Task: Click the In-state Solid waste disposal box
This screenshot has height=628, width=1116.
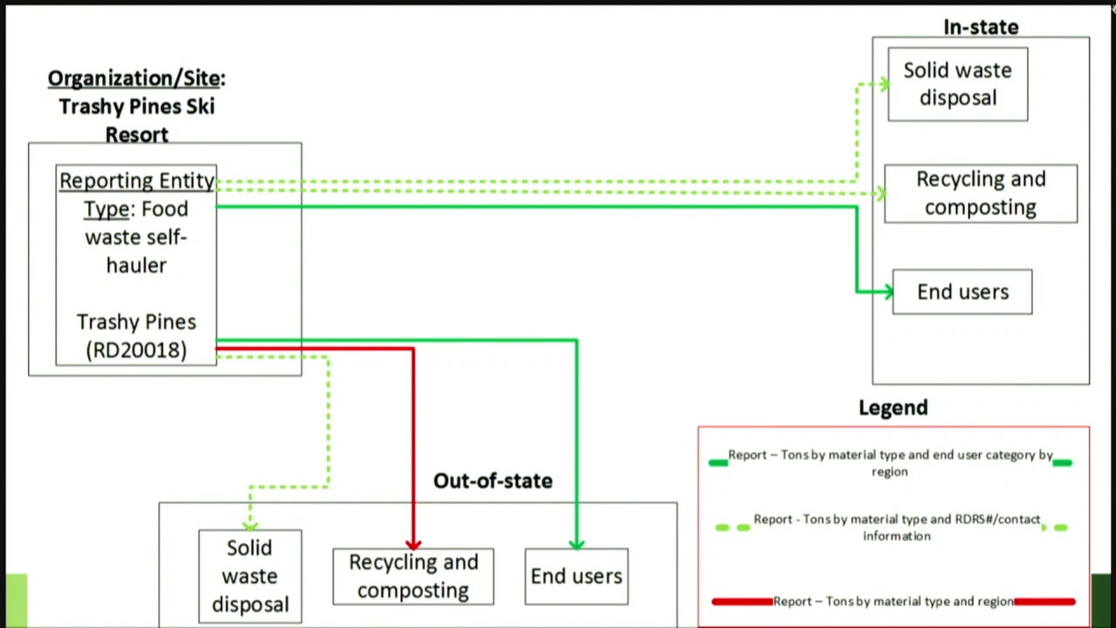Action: pos(957,85)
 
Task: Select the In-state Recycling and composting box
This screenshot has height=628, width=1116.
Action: pos(980,194)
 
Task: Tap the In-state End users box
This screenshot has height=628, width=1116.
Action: pos(962,292)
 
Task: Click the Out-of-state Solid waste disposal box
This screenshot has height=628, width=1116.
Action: pos(249,576)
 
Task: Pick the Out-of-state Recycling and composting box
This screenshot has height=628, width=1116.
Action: pos(412,577)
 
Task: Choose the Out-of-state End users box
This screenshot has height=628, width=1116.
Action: pos(575,577)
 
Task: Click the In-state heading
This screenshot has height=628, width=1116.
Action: pos(980,27)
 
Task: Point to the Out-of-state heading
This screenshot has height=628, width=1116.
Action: pos(493,481)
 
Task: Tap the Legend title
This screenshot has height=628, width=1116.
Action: pos(893,407)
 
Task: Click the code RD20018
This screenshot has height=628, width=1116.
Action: pos(136,350)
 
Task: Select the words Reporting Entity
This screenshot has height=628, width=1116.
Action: pos(137,181)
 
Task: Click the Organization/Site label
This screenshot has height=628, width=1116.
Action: pos(135,78)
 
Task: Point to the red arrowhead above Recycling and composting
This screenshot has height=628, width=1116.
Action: pos(413,543)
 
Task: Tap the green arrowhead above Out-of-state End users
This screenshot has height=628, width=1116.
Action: pos(576,543)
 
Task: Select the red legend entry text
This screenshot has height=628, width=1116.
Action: pos(893,601)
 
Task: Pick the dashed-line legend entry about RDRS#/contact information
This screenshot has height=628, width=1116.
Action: pos(896,527)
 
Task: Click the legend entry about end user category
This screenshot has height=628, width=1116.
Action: pos(890,462)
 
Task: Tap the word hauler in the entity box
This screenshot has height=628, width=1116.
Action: pos(136,265)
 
